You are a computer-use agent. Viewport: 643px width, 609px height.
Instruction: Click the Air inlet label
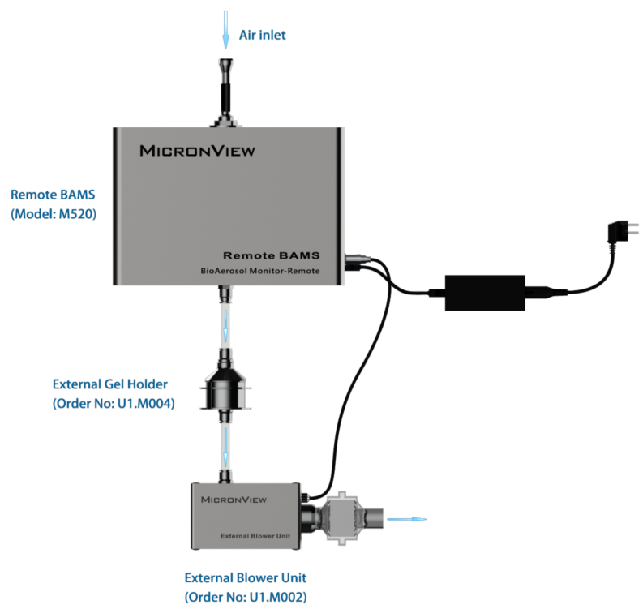[262, 35]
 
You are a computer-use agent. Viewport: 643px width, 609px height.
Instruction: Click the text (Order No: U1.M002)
[246, 597]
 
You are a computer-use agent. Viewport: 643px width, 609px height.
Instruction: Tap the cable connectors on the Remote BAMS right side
[357, 263]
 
